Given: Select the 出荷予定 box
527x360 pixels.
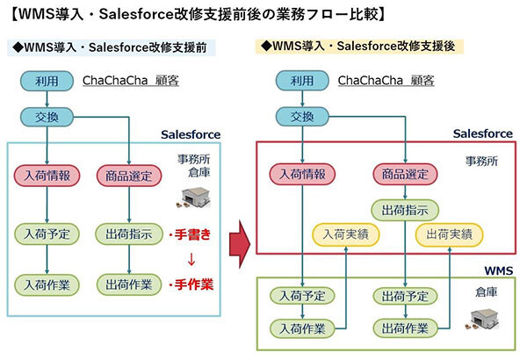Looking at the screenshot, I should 404,295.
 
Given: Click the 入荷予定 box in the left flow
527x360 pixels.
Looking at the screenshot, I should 46,234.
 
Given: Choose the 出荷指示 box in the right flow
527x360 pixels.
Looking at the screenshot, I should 404,210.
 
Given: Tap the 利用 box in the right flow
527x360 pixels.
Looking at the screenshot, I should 301,81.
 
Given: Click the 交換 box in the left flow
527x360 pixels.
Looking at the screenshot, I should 46,116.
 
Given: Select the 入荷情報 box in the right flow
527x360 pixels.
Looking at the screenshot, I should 301,174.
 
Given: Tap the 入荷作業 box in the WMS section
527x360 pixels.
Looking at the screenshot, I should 301,328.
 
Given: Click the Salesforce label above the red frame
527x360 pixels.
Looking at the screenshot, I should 482,133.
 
